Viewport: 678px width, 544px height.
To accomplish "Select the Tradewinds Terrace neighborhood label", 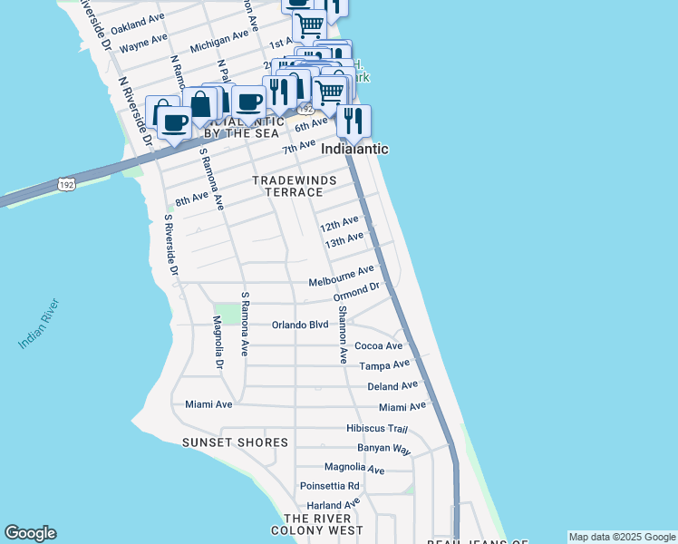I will tap(287, 187).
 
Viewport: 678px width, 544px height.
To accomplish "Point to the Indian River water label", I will tap(38, 324).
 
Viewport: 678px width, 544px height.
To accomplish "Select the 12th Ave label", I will tap(339, 223).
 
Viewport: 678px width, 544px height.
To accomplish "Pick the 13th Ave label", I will tap(344, 240).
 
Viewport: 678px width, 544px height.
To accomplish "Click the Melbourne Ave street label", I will tap(341, 274).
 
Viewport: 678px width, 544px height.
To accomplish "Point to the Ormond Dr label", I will tap(355, 293).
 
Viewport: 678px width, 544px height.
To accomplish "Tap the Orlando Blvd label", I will tap(300, 325).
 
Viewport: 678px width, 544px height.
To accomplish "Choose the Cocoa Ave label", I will tap(378, 345).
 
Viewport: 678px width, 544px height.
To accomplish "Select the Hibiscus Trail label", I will tap(377, 428).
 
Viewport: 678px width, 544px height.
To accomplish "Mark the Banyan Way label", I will tap(384, 449).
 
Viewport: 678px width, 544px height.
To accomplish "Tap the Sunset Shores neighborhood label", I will tap(235, 442).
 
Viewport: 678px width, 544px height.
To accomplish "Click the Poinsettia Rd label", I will tap(330, 486).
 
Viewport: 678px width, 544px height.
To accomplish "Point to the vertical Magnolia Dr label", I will tap(218, 343).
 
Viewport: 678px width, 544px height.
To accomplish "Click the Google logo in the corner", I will tap(30, 533).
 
